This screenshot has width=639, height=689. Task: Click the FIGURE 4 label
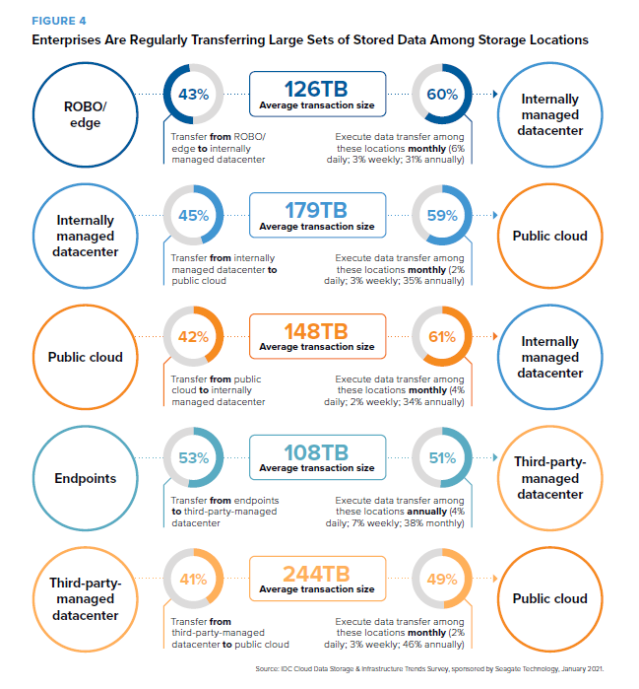59,21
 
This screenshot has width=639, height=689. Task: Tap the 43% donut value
194,94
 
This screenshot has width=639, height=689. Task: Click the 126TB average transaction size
316,89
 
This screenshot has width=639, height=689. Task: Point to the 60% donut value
442,94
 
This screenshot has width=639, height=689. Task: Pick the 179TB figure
316,210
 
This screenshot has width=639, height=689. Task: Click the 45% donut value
194,215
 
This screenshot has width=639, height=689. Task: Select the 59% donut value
442,215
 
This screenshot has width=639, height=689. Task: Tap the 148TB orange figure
316,331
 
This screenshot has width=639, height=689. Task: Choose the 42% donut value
194,336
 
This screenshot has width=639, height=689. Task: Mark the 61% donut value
442,336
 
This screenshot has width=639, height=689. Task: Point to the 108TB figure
316,452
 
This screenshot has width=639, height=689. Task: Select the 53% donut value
194,458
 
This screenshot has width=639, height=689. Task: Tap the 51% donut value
442,458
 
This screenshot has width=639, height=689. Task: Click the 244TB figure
316,574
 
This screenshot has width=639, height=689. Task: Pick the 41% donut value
194,580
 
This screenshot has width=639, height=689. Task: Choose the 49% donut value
442,580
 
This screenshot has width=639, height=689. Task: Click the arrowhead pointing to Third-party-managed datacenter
495,457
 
